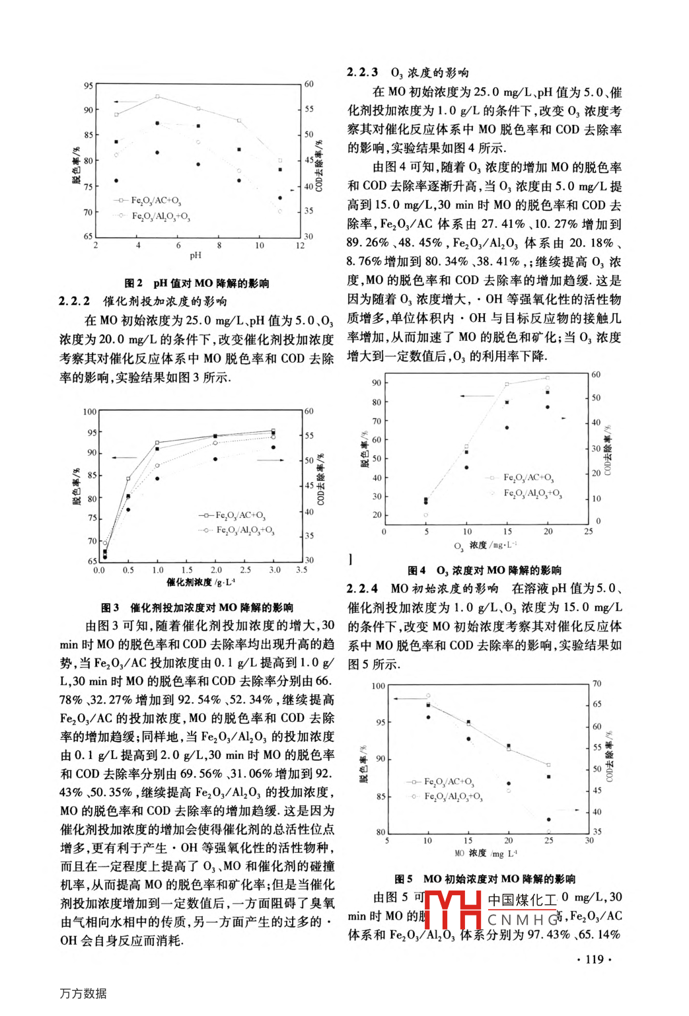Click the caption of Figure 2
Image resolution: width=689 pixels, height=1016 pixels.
(x=196, y=283)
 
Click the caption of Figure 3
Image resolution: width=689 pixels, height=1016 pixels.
(x=197, y=607)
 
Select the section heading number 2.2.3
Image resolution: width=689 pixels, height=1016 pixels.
(x=363, y=73)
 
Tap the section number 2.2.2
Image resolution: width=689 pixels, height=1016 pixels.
(x=75, y=301)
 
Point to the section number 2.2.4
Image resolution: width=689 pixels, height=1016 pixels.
(x=363, y=589)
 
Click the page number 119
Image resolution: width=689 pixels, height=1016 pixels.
(x=595, y=959)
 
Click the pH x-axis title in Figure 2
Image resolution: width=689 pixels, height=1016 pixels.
(x=196, y=256)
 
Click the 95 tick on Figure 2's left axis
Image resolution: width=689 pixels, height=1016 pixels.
(x=89, y=86)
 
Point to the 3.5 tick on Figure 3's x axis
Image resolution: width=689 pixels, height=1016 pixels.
(x=301, y=569)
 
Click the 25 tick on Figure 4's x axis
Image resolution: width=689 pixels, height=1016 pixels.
(x=589, y=531)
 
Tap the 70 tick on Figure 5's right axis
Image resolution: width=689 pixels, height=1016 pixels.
(x=597, y=684)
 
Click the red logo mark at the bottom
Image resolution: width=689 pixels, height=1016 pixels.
(x=453, y=910)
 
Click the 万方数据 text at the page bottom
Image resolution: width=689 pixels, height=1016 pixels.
(x=83, y=994)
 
